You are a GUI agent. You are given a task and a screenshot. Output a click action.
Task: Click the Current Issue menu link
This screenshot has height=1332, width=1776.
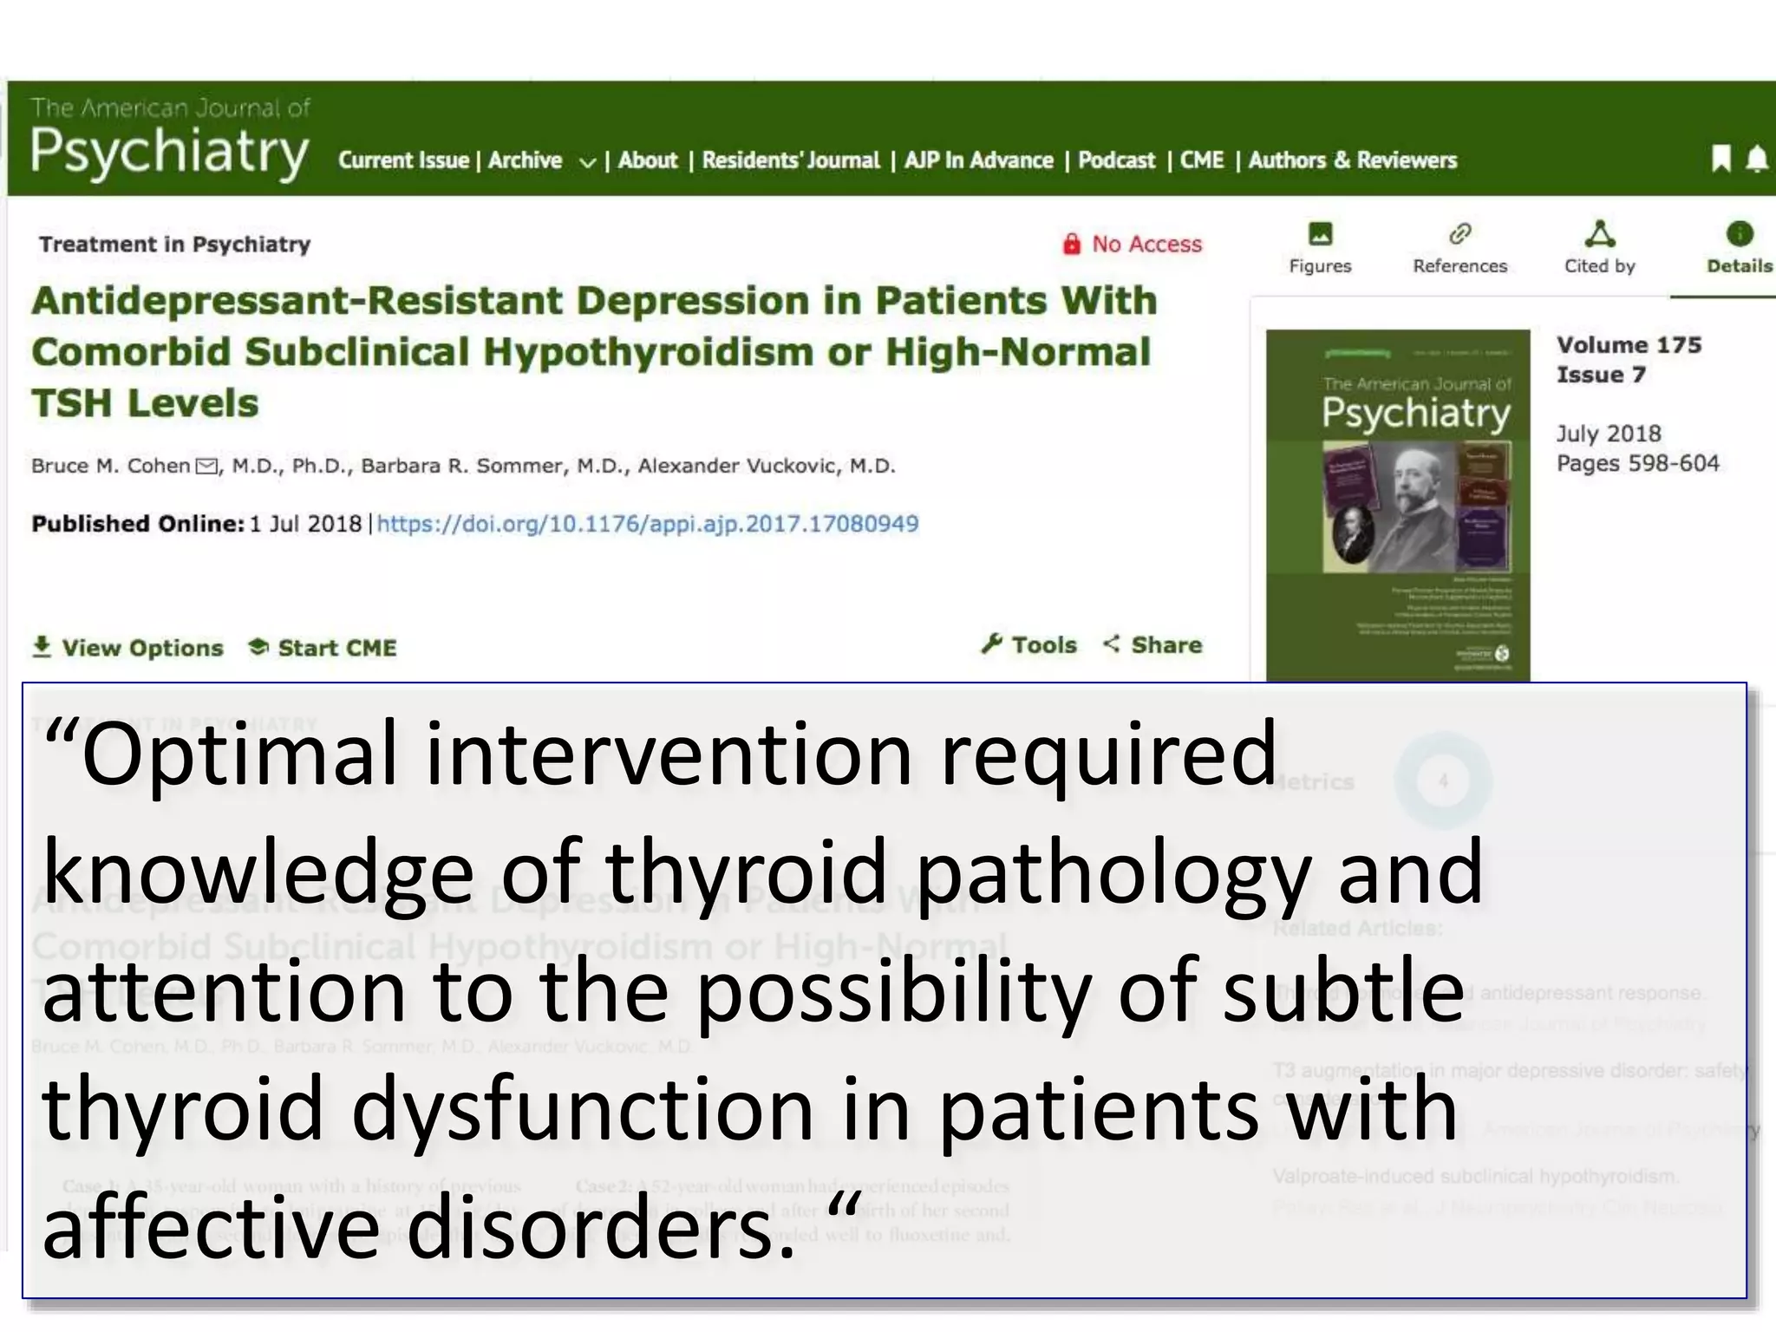pyautogui.click(x=403, y=160)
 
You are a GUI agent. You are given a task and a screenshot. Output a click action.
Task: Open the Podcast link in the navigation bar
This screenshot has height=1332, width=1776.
pyautogui.click(x=1116, y=160)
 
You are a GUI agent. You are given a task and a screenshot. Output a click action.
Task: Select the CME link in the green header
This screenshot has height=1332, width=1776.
pyautogui.click(x=1202, y=160)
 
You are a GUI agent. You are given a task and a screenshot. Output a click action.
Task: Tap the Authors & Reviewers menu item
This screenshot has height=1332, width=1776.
pyautogui.click(x=1352, y=160)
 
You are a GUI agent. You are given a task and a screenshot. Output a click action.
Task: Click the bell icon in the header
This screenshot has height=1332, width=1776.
pyautogui.click(x=1756, y=159)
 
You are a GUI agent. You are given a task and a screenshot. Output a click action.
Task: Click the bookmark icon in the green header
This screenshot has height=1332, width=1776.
pyautogui.click(x=1720, y=159)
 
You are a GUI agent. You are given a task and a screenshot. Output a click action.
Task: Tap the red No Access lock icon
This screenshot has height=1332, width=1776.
pyautogui.click(x=1072, y=244)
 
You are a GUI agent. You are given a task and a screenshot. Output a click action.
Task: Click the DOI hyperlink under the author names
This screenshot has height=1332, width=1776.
pyautogui.click(x=647, y=524)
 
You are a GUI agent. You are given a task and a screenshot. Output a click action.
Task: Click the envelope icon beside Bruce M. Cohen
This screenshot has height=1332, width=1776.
pyautogui.click(x=206, y=467)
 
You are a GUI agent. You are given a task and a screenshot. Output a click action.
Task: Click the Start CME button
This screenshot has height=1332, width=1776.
pyautogui.click(x=323, y=648)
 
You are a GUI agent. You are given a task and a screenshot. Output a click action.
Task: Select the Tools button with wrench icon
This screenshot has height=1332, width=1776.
pyautogui.click(x=1029, y=644)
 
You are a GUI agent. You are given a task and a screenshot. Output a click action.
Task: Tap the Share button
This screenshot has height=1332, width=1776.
pyautogui.click(x=1153, y=644)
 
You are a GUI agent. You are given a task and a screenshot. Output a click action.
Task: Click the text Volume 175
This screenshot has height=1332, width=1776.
pyautogui.click(x=1629, y=344)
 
